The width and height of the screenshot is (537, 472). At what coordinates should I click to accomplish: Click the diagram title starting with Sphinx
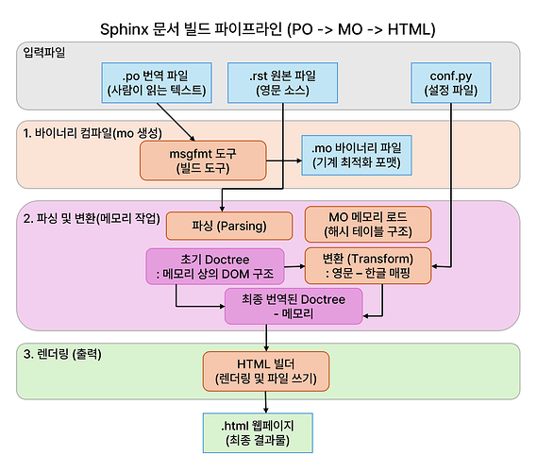point(267,29)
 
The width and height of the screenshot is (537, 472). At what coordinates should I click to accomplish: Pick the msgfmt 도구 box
point(203,160)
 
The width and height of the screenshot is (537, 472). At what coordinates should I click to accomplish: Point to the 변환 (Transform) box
point(368,265)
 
